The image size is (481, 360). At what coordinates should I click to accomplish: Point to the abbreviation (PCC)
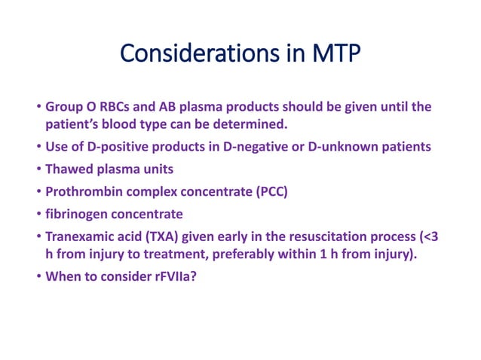269,191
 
